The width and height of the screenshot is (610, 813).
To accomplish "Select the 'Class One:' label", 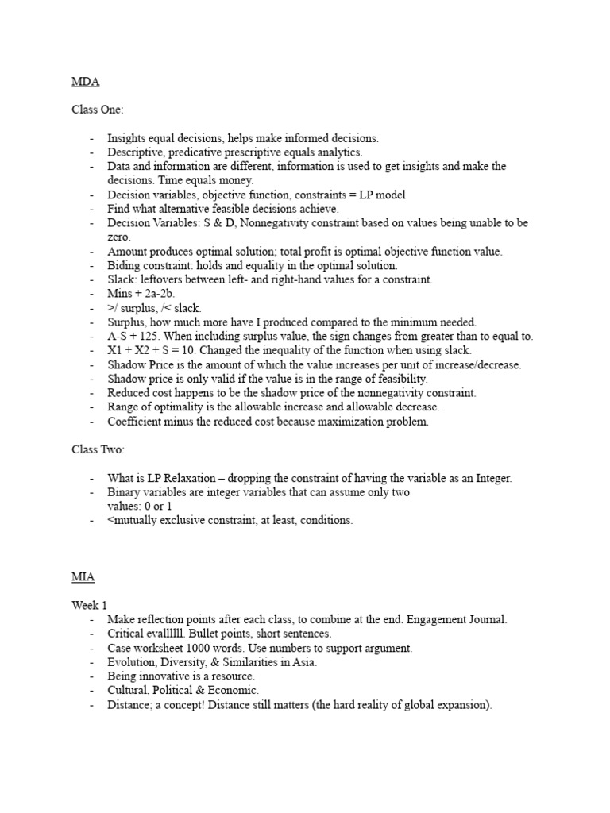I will (98, 109).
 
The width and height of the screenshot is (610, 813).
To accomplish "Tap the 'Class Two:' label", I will (98, 449).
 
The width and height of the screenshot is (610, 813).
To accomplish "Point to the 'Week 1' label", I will (89, 605).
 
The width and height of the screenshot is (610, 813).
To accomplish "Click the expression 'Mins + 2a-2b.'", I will (141, 294).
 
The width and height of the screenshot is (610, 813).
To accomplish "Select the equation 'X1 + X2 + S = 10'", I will (158, 350).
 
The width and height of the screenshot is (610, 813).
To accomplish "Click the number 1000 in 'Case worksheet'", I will (202, 648).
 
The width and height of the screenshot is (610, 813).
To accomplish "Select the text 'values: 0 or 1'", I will (140, 506).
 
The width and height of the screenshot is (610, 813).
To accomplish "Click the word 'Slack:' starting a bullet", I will (123, 279).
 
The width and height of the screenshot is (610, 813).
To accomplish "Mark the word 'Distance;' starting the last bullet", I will (130, 704).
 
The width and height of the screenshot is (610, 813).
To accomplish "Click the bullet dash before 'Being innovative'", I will (93, 676).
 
